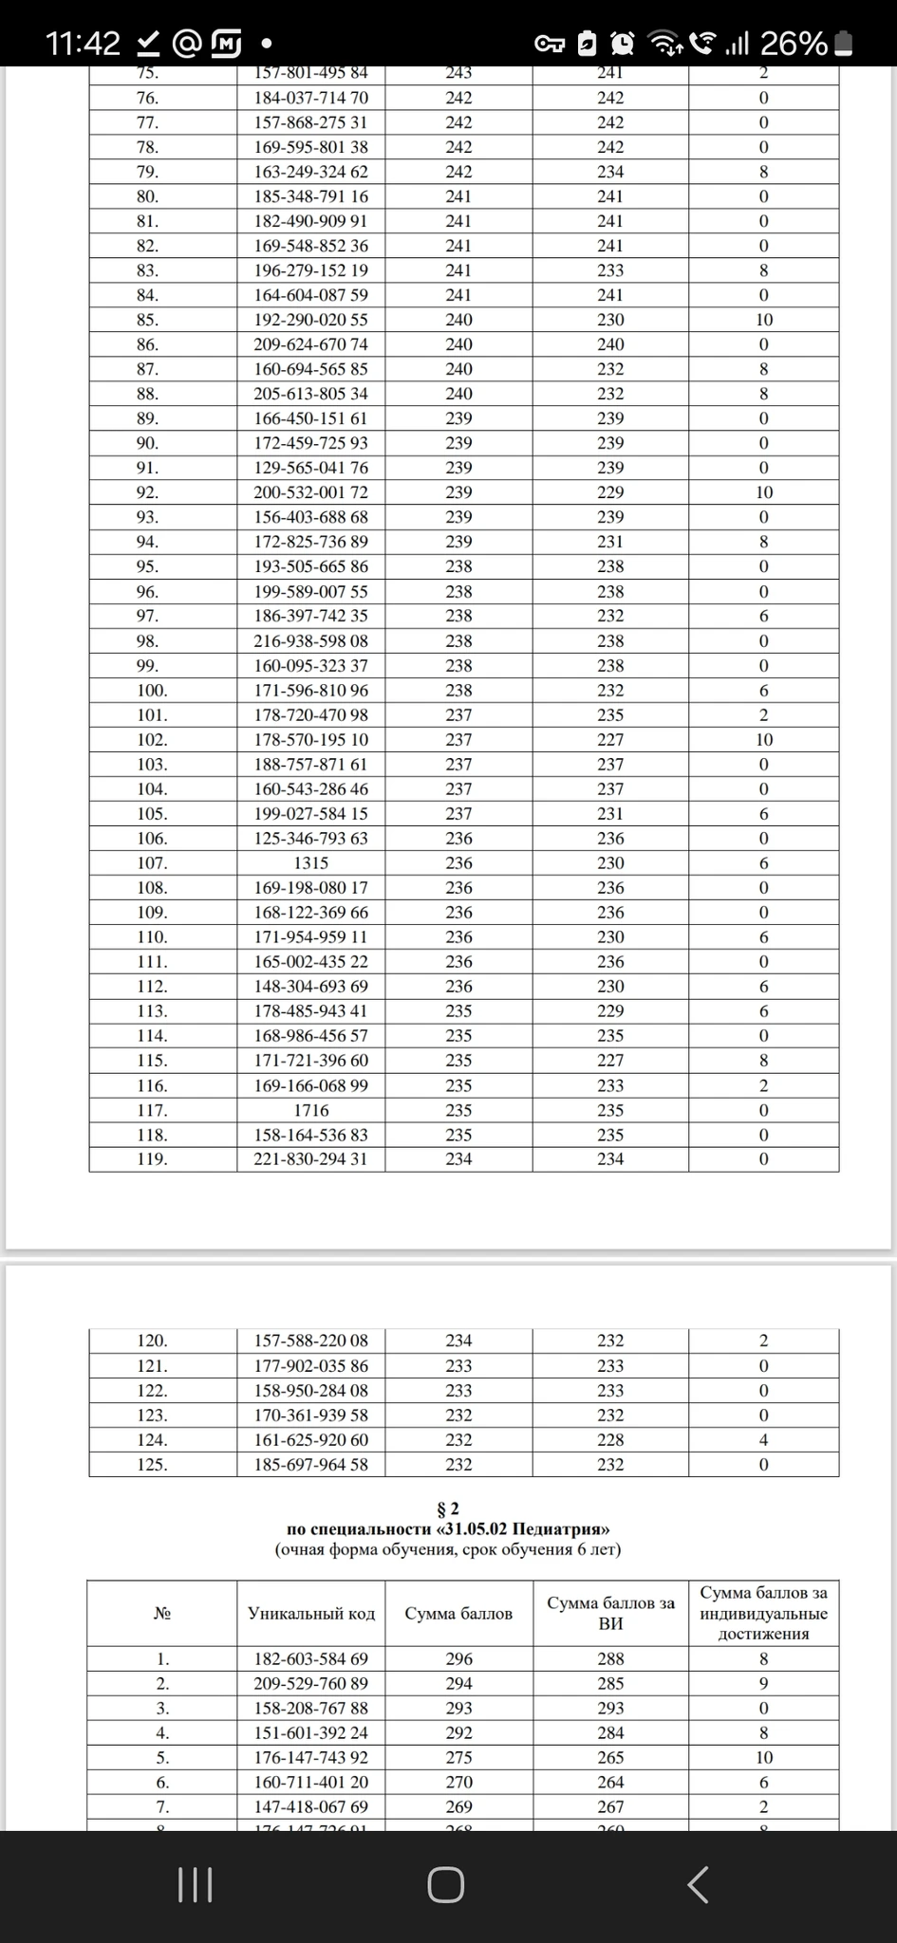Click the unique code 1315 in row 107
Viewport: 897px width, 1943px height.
[310, 863]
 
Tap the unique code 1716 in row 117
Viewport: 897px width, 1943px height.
[310, 1110]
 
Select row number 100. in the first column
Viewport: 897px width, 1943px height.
[152, 691]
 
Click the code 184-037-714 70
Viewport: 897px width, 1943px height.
[310, 98]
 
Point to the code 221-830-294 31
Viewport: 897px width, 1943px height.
[310, 1158]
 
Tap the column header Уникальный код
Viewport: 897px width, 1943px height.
[311, 1613]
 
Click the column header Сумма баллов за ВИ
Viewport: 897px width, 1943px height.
[610, 1613]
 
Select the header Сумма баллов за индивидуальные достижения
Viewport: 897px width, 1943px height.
[763, 1613]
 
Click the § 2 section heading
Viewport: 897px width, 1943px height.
[447, 1509]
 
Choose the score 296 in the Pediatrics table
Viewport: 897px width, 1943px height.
[458, 1659]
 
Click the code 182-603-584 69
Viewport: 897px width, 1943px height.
[310, 1659]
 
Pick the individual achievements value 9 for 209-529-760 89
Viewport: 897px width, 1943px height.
[763, 1684]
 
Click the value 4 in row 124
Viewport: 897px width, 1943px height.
[763, 1440]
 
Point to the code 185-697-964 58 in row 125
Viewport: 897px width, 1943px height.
[310, 1465]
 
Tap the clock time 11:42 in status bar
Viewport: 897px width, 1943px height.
[84, 43]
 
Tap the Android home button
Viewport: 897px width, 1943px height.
[446, 1884]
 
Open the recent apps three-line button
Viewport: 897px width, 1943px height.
[196, 1884]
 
